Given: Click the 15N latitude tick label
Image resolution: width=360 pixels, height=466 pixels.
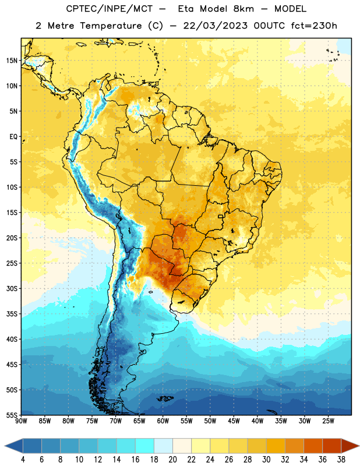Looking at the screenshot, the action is point(12,61).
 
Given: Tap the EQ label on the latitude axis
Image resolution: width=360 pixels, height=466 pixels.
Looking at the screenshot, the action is point(13,137).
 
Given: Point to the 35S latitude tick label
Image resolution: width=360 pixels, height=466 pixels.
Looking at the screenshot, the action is point(12,314).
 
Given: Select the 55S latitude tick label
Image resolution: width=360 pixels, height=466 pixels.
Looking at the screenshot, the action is point(12,415).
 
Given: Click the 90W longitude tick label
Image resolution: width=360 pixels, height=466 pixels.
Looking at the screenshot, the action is point(21,421).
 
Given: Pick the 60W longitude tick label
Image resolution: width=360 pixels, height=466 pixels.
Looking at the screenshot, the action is point(163,421).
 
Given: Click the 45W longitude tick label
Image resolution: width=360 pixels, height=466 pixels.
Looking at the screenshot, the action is point(234,421).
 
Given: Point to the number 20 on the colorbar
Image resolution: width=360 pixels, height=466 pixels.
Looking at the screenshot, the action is point(172,460).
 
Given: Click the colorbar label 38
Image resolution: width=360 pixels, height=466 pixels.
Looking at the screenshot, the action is point(341,460).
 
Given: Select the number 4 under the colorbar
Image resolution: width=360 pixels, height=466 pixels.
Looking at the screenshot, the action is point(23,460).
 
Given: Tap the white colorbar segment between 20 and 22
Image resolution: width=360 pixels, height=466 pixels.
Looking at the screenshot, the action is point(182,446).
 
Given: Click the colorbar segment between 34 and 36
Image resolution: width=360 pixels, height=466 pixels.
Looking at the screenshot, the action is point(313,446).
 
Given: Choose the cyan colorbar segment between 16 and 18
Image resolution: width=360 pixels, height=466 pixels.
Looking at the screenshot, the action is point(144,446).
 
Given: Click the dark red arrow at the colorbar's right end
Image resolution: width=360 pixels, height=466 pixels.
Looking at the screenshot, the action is point(350,446).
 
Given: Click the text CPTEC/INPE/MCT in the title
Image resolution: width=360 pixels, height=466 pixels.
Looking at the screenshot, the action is point(110,9).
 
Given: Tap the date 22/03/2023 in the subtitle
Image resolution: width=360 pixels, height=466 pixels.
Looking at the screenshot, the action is point(215,26).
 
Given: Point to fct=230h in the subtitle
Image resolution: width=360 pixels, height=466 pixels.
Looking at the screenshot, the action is point(314,26).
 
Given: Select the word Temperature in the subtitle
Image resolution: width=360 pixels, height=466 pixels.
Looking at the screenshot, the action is point(111,26).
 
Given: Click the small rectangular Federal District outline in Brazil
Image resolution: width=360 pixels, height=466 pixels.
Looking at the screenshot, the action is point(221,216).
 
